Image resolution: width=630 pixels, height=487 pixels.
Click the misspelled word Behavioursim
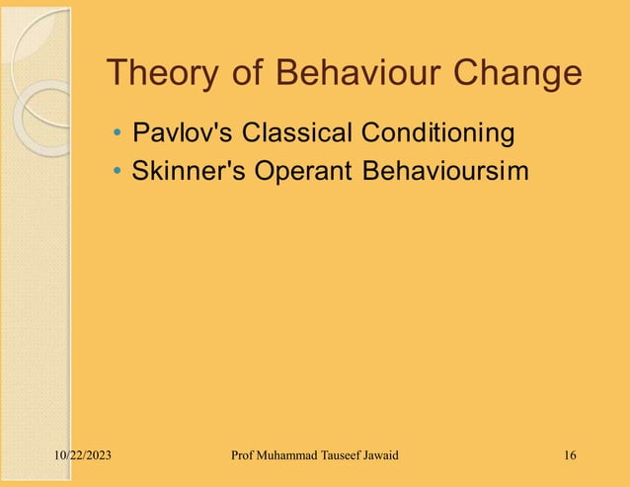(445, 171)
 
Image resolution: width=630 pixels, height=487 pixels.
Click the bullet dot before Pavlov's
(118, 132)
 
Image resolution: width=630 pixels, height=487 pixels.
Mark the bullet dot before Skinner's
(118, 172)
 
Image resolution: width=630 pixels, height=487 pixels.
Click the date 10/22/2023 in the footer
(82, 455)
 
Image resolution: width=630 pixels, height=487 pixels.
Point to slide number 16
(570, 455)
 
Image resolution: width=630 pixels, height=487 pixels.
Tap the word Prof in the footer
(242, 455)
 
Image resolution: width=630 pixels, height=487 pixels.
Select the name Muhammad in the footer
(293, 455)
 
